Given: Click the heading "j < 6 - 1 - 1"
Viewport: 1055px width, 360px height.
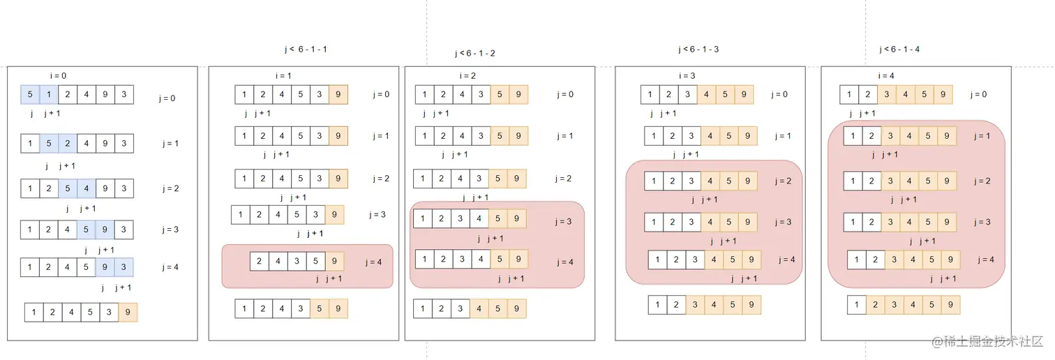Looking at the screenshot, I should pyautogui.click(x=305, y=50).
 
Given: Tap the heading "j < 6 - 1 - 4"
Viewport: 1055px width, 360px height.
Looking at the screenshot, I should pyautogui.click(x=899, y=50).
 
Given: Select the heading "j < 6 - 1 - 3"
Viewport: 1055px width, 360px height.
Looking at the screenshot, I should pyautogui.click(x=698, y=50).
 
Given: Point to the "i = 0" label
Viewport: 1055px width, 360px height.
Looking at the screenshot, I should pyautogui.click(x=59, y=76).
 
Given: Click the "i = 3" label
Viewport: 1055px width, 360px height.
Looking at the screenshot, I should pyautogui.click(x=688, y=76).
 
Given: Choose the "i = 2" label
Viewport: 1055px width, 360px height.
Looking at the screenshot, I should pyautogui.click(x=468, y=76).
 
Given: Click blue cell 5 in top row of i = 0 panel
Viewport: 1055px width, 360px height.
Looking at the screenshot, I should pyautogui.click(x=30, y=95).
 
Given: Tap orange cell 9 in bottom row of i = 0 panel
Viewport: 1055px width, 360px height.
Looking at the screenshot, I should pyautogui.click(x=128, y=313).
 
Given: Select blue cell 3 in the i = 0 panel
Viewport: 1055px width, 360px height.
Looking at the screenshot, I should pyautogui.click(x=124, y=267).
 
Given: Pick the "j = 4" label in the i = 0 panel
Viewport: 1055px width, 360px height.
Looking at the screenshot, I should pyautogui.click(x=170, y=267).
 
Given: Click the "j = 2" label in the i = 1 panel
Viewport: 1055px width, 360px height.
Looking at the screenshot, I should pyautogui.click(x=381, y=179).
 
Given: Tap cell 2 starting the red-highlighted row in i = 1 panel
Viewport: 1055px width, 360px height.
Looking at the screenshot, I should pyautogui.click(x=260, y=262).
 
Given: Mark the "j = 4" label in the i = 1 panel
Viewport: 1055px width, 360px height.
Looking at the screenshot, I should pyautogui.click(x=373, y=263).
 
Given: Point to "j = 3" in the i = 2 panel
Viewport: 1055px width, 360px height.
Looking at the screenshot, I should pyautogui.click(x=564, y=222).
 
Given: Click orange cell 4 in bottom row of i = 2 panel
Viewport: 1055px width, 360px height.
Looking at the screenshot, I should pyautogui.click(x=479, y=308).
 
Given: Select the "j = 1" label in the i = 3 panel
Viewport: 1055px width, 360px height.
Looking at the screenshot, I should pyautogui.click(x=782, y=136).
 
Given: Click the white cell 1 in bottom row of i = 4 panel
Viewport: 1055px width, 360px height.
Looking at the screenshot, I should pyautogui.click(x=857, y=305).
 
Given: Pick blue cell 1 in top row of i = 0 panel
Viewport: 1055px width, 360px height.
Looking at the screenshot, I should pyautogui.click(x=49, y=95).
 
